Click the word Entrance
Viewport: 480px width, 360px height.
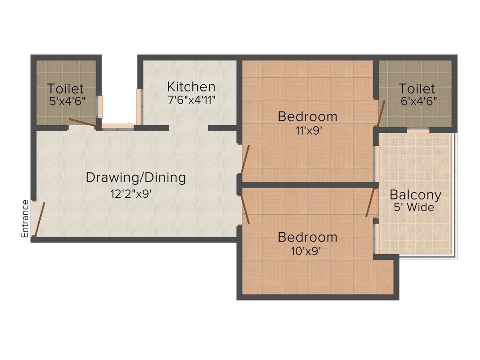coord(25,218)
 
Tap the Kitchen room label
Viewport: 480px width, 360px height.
coord(191,87)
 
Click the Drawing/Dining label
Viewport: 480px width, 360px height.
coord(135,178)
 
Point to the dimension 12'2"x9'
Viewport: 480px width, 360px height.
coord(131,194)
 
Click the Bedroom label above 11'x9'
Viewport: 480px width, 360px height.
coord(307,116)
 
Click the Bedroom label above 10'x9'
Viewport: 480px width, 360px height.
coord(307,237)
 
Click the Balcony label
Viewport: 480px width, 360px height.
coord(415,195)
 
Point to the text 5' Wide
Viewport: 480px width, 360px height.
coord(414,207)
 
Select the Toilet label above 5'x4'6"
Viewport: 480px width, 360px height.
coord(66,89)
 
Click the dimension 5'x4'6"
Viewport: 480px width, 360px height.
coord(67,101)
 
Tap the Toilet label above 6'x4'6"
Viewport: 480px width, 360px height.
coord(417,89)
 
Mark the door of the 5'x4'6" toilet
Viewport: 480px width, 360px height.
coord(82,123)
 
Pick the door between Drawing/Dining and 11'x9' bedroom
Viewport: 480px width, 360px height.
coord(245,159)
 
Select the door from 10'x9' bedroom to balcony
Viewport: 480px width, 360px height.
coord(371,202)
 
